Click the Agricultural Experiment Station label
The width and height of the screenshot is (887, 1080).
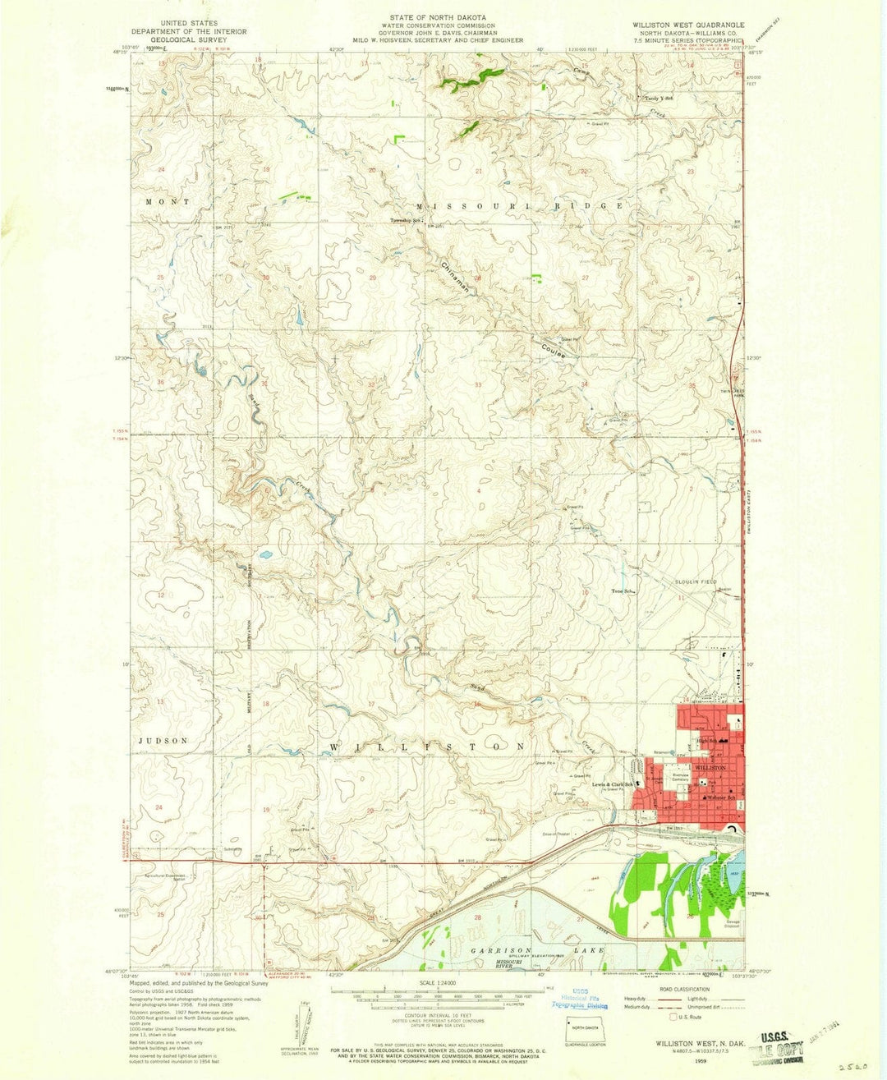(x=164, y=877)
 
